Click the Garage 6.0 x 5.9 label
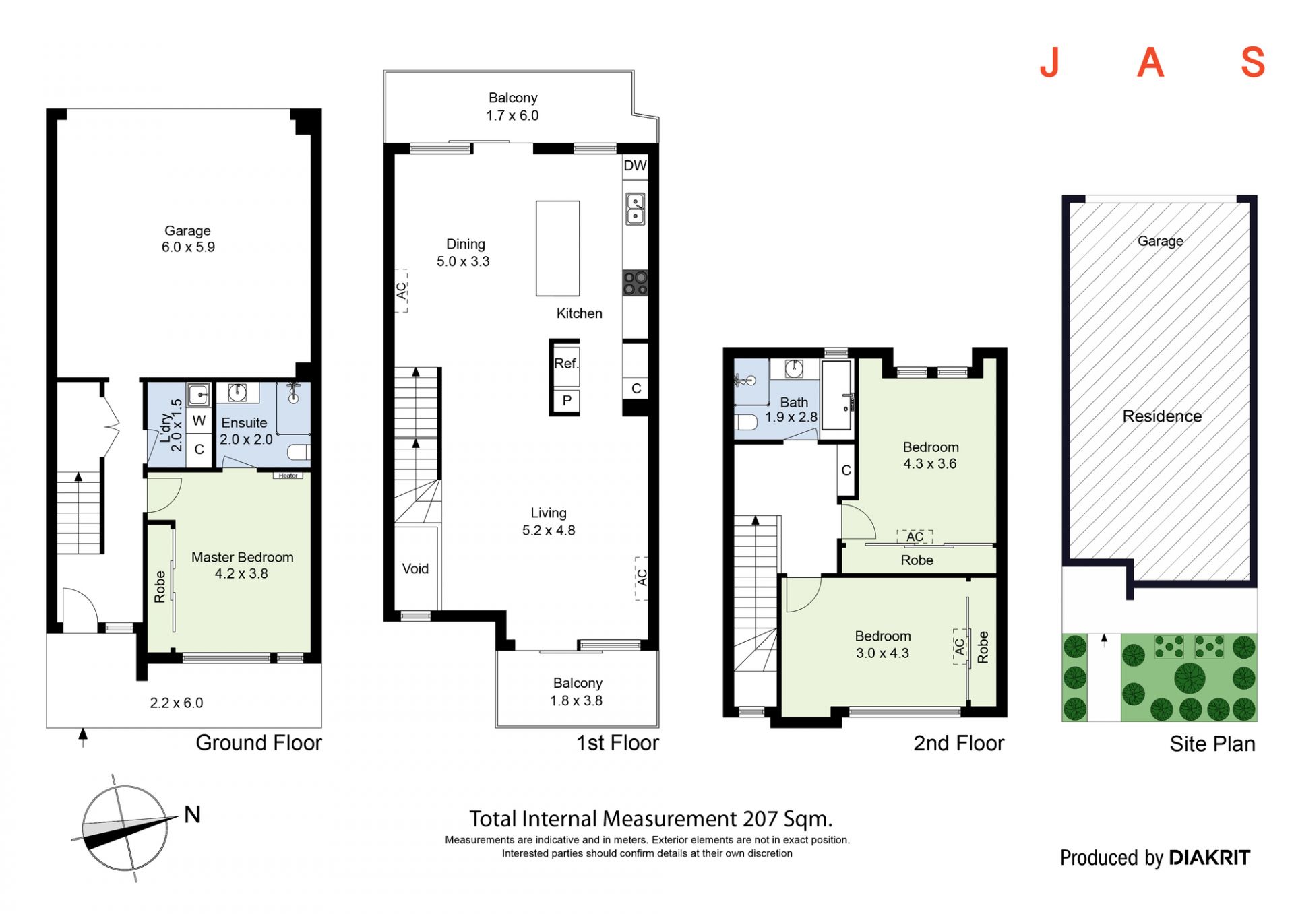coord(188,239)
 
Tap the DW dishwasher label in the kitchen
coord(635,166)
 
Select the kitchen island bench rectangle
coord(557,249)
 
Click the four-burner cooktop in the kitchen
coord(635,283)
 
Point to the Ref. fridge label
coord(566,364)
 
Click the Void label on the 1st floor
coord(415,568)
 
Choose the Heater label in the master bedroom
coord(288,476)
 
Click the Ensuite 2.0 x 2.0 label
coord(246,431)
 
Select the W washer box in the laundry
coord(199,421)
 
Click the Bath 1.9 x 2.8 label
coord(791,410)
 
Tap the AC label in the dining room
coord(401,291)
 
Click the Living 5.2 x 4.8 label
coord(549,521)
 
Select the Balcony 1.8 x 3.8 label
coord(577,692)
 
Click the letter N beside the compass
coord(192,815)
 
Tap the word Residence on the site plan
coord(1162,416)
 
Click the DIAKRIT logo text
coord(1209,857)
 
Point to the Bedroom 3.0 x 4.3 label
coord(883,645)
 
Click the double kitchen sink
coord(635,209)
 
